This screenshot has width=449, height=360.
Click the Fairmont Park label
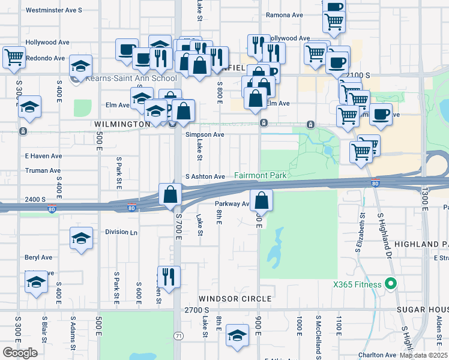coord(260,176)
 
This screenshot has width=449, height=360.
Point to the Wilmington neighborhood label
coord(122,124)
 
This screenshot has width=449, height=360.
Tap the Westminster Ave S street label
coord(54,11)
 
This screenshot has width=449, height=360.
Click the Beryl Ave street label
coord(38,257)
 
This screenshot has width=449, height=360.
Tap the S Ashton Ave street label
coord(205,177)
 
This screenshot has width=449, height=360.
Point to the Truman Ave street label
coord(40,170)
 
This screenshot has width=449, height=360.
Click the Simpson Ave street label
coord(205,135)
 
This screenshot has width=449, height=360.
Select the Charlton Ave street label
coord(378,355)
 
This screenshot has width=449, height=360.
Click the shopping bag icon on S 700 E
coord(170,194)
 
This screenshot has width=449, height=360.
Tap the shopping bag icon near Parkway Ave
coord(261,200)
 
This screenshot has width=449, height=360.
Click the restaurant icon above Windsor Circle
coord(169,277)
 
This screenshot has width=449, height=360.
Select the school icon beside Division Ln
coord(82,238)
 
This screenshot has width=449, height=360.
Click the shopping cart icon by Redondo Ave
coord(13,58)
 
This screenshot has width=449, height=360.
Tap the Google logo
coord(20,353)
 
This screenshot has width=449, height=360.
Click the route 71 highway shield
coord(178,337)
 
